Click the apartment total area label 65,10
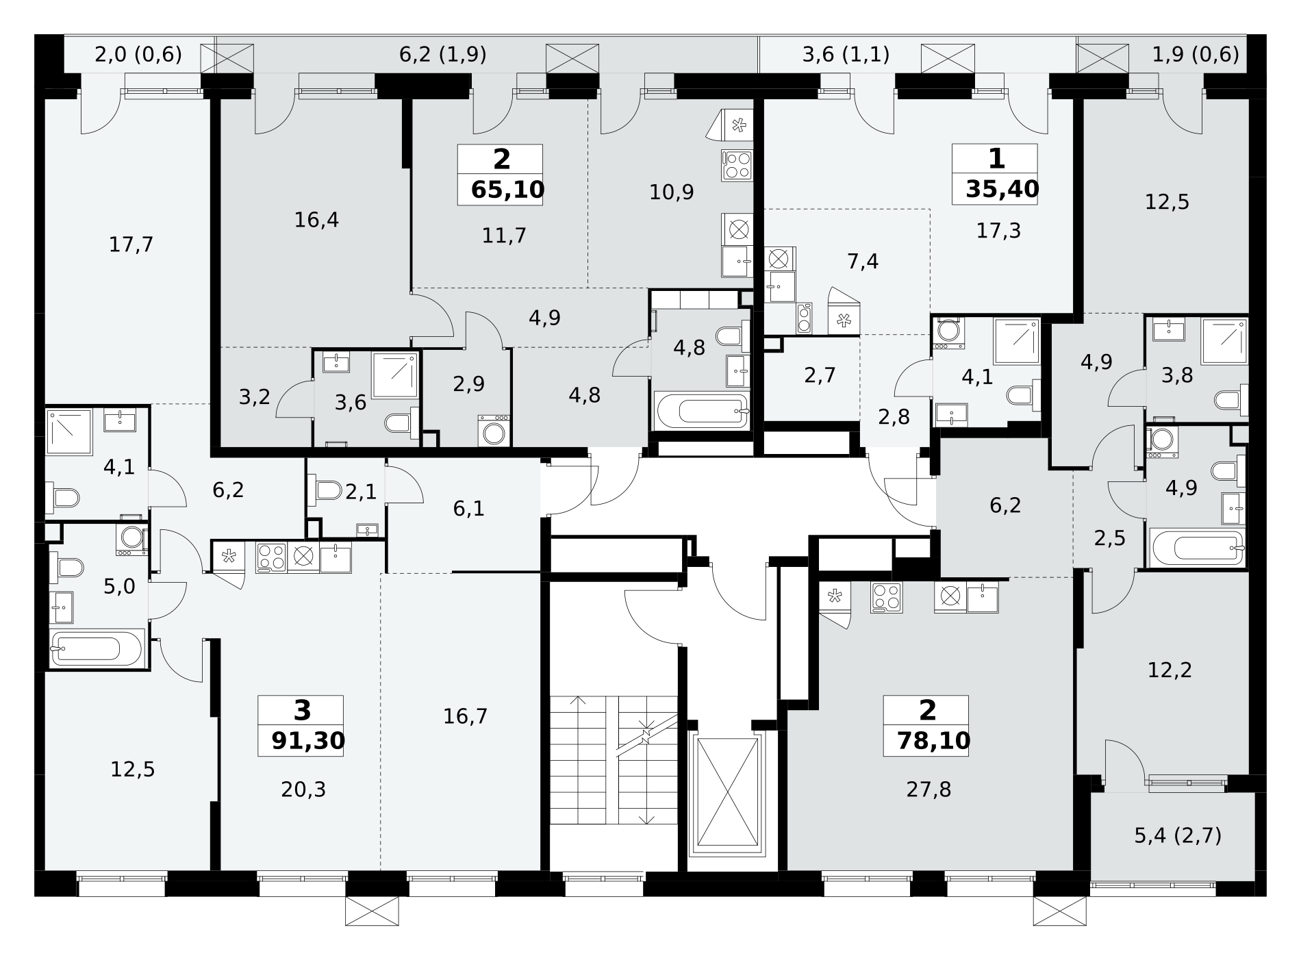pyautogui.click(x=507, y=190)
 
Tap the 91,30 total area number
pyautogui.click(x=308, y=741)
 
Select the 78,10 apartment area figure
pyautogui.click(x=933, y=741)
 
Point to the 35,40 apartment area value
pyautogui.click(x=1002, y=189)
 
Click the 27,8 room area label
pyautogui.click(x=929, y=790)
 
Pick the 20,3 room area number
pyautogui.click(x=303, y=790)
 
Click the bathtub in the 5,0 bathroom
pyautogui.click(x=97, y=647)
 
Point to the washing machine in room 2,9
pyautogui.click(x=494, y=431)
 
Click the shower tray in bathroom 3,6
pyautogui.click(x=395, y=375)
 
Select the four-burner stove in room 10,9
pyautogui.click(x=737, y=166)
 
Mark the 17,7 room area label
pyautogui.click(x=131, y=244)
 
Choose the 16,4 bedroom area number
pyautogui.click(x=316, y=220)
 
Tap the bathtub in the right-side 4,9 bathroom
pyautogui.click(x=1198, y=548)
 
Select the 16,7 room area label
pyautogui.click(x=465, y=717)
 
